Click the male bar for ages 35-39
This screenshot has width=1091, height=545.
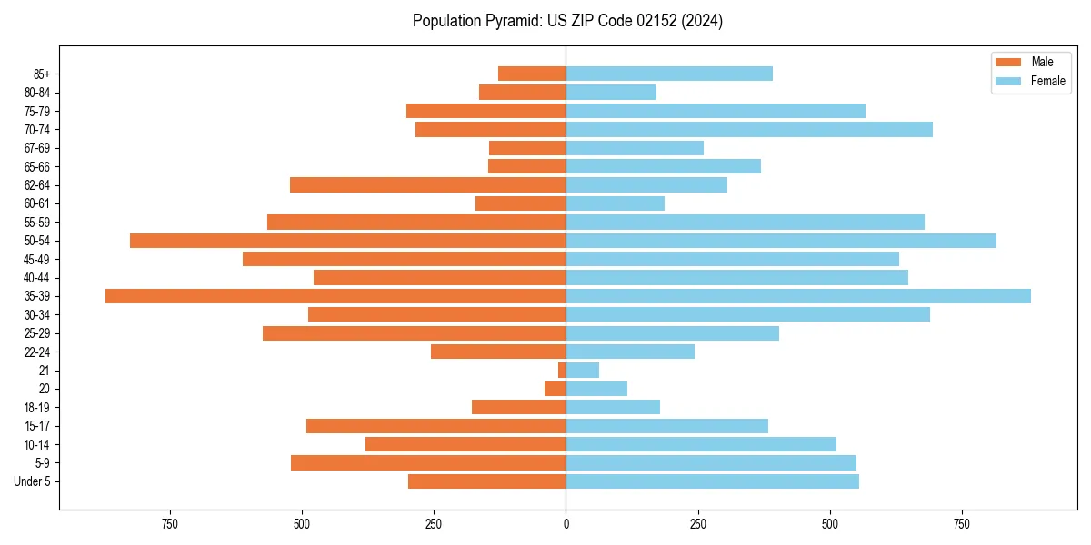[335, 296]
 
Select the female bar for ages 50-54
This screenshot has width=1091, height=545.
[781, 241]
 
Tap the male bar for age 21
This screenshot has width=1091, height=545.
[562, 370]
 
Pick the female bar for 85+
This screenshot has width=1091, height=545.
[669, 74]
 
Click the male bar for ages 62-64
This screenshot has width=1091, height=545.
[427, 185]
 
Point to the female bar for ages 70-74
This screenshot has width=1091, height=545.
[749, 129]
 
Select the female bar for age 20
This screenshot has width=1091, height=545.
[596, 389]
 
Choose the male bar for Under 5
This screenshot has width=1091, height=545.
[486, 481]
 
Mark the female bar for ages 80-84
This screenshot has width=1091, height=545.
[611, 92]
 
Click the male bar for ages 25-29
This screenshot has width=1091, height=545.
[414, 333]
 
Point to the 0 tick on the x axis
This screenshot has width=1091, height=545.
[566, 524]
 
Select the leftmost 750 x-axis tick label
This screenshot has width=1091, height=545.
[169, 524]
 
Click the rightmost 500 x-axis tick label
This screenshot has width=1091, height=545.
[830, 524]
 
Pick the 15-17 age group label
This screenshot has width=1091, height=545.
[38, 426]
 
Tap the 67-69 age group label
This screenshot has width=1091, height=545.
[38, 148]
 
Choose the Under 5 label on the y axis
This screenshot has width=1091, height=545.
[33, 481]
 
